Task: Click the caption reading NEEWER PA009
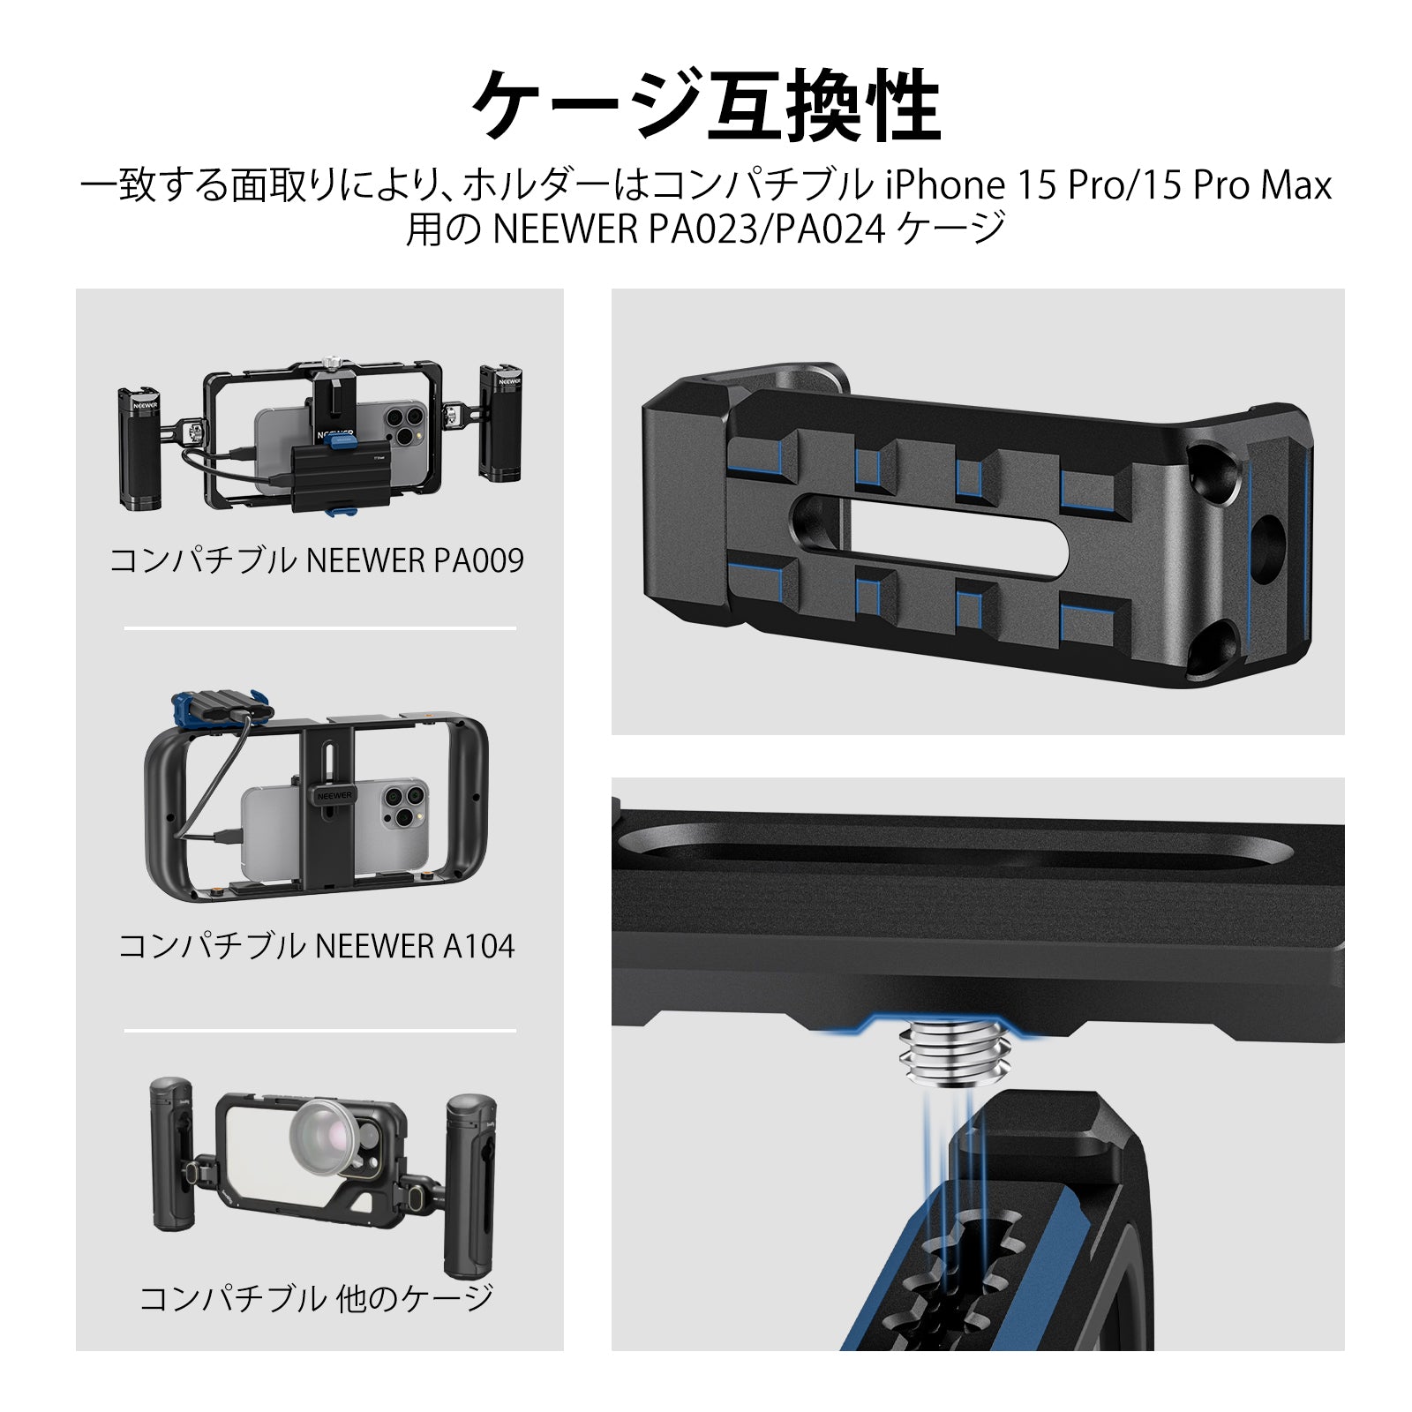pos(415,560)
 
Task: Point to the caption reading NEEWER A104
pos(414,946)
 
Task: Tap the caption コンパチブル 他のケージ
pos(317,1298)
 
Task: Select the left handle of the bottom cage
pos(173,1155)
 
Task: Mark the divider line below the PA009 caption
pos(320,628)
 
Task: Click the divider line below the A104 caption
pos(320,1030)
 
